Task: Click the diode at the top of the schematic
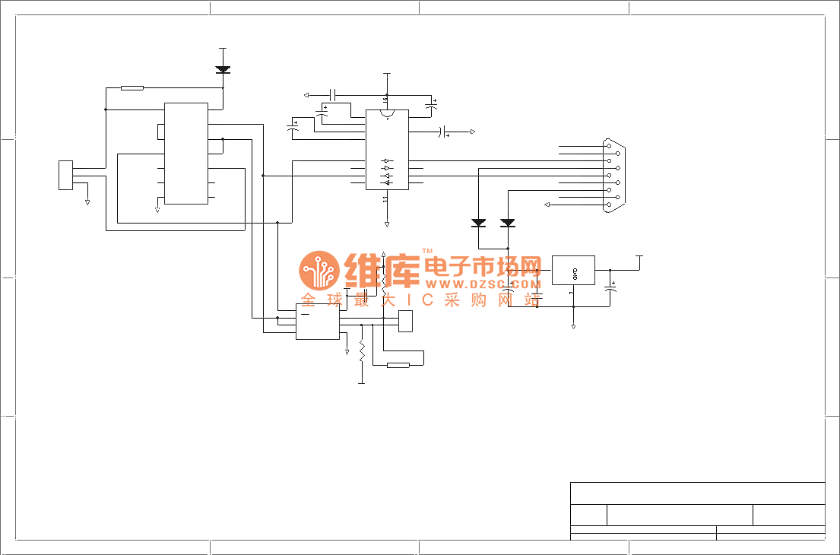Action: point(223,69)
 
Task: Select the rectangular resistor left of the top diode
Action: point(132,88)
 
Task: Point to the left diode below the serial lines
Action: point(479,223)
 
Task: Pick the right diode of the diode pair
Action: point(508,223)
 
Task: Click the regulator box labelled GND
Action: point(573,271)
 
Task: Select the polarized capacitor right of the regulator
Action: point(610,290)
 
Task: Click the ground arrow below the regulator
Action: point(573,326)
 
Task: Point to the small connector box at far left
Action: point(66,175)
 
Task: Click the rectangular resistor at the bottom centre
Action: point(398,365)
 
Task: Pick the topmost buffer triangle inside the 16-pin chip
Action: point(387,161)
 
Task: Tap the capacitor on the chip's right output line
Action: point(442,132)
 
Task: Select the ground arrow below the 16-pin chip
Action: point(387,224)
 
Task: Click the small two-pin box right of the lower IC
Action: point(405,321)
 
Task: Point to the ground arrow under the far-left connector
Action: point(87,202)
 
